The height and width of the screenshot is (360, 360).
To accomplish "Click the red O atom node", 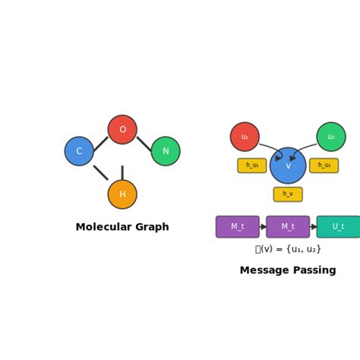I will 122,130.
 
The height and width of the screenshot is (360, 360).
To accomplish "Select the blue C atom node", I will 79,151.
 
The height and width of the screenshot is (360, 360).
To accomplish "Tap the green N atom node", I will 166,151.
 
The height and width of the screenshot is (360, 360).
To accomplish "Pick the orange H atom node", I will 122,194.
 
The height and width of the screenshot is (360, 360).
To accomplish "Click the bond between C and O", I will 101,143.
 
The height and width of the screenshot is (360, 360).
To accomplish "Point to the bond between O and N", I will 144,143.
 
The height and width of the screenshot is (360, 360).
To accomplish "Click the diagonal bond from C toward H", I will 100,172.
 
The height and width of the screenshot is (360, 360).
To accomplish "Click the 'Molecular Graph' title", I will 122,227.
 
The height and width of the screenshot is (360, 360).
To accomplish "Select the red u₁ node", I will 245,137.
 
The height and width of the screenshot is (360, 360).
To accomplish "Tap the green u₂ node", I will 331,137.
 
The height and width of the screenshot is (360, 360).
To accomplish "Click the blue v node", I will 288,166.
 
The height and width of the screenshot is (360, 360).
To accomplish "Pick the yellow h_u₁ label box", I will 252,166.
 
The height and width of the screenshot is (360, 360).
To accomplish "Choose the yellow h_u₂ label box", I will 324,166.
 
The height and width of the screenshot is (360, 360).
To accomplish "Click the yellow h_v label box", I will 288,194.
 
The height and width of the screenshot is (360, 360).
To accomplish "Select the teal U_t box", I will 338,227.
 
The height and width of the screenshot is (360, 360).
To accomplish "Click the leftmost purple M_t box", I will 238,227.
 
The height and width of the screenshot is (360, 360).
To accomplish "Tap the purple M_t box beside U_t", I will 288,227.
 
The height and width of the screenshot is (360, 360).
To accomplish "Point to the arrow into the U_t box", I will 313,227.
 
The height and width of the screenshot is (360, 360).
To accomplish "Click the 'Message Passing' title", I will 288,270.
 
